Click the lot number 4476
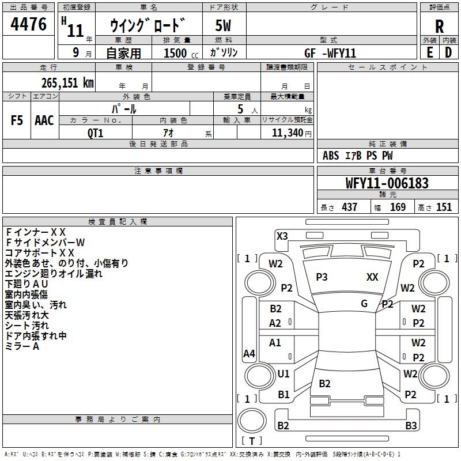pos(29,24)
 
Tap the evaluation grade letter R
pos(439,27)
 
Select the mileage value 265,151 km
pos(67,83)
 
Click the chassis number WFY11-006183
pos(387,184)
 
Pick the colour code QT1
pos(95,133)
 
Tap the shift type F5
pos(17,120)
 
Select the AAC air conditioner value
pos(44,120)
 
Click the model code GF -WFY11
pos(330,53)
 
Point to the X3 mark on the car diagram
pos(282,236)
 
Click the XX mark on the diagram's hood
pos(372,277)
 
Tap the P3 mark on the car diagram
pos(322,277)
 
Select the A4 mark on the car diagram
pos(249,354)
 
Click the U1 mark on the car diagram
pos(284,374)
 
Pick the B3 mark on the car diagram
pos(410,426)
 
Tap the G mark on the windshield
pos(364,304)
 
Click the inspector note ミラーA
pos(22,346)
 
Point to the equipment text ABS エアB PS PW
pos(358,156)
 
